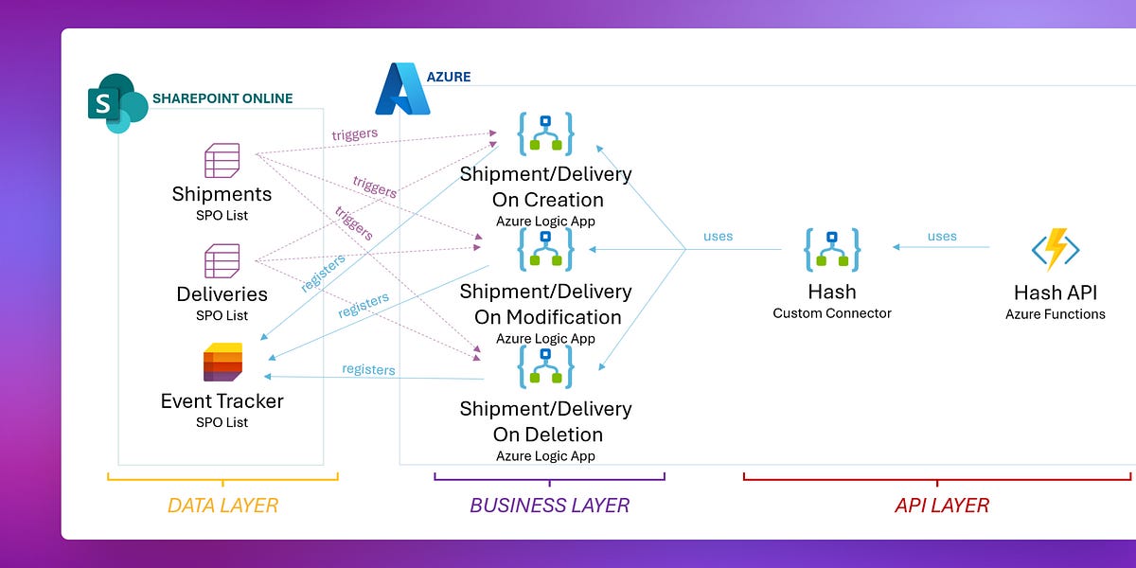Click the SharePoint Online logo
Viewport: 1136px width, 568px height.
(x=117, y=102)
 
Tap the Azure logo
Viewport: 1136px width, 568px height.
(x=402, y=90)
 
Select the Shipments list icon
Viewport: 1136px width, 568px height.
(x=222, y=161)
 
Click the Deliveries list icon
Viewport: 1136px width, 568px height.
(x=222, y=260)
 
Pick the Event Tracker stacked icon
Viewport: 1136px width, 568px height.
(x=222, y=363)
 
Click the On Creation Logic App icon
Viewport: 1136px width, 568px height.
(x=545, y=133)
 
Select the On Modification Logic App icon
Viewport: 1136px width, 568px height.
(x=545, y=250)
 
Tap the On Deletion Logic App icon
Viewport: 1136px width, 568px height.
(x=545, y=367)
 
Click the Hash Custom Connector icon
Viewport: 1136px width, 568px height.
(x=832, y=250)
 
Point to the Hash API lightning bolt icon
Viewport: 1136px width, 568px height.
(x=1056, y=250)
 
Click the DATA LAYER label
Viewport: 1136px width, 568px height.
(x=222, y=506)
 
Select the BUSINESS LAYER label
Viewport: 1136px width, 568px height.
(x=549, y=506)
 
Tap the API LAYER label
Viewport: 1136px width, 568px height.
(x=941, y=506)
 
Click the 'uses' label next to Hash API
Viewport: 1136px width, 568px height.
(x=942, y=236)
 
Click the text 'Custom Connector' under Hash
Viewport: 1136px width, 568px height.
(x=832, y=313)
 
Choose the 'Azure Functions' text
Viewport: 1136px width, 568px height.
(x=1056, y=314)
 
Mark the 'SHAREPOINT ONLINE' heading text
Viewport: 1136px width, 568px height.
(x=222, y=98)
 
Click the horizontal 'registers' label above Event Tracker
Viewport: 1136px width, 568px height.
(x=368, y=369)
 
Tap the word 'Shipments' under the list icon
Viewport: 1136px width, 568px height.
(x=222, y=194)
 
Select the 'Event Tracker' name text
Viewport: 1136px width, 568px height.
(x=222, y=400)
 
